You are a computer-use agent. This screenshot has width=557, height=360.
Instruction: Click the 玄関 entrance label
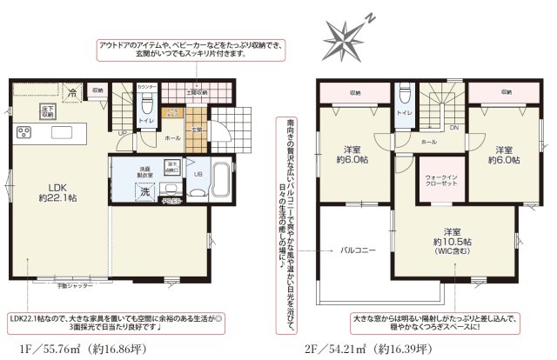click(x=197, y=130)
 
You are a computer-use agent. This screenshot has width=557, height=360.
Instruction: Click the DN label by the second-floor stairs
click(x=453, y=127)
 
